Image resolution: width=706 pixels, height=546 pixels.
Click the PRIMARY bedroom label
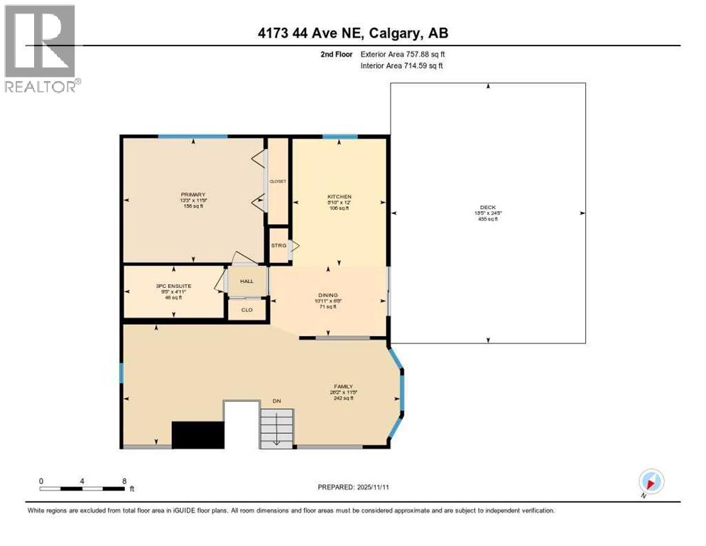(x=192, y=195)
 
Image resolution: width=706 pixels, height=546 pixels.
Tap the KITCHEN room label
(x=339, y=197)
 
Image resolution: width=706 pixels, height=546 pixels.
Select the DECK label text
(x=487, y=208)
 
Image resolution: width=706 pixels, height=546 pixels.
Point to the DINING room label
(x=327, y=295)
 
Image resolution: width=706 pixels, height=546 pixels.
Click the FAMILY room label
(x=344, y=387)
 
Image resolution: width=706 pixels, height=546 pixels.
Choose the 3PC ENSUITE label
(x=169, y=286)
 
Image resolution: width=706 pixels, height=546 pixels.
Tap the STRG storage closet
(x=278, y=245)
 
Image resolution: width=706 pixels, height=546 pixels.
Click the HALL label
(x=246, y=281)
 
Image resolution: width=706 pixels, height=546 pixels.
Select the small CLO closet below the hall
(x=246, y=310)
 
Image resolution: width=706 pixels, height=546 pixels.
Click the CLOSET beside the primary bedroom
(x=277, y=181)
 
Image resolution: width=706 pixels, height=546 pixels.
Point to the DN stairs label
(x=277, y=402)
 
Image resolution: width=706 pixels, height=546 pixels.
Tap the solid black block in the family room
(x=198, y=434)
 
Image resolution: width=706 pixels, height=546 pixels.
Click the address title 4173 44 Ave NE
(x=352, y=33)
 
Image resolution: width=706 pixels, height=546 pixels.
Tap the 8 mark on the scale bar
(x=125, y=481)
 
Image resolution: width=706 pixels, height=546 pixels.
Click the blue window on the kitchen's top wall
(x=340, y=136)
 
